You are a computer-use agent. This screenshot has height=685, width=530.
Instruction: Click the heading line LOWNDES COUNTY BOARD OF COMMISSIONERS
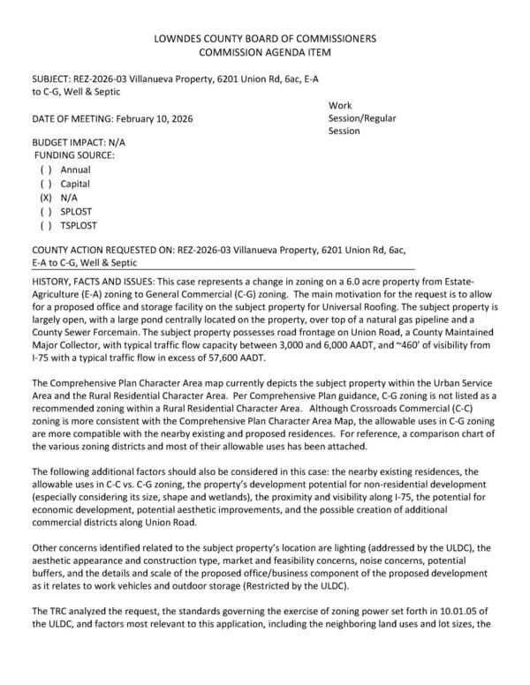point(264,39)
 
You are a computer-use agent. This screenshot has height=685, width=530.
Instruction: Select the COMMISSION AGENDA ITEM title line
point(264,53)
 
